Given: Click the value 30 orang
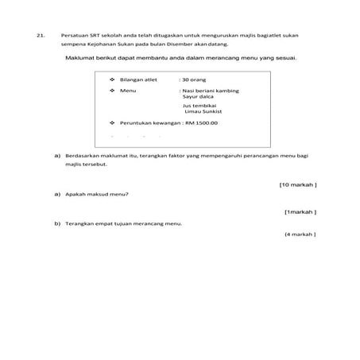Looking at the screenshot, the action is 195,80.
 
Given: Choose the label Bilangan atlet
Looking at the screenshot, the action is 138,80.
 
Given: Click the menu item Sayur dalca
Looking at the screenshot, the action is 199,98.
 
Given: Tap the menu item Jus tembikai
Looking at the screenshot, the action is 199,106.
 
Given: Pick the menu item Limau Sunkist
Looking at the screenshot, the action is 203,112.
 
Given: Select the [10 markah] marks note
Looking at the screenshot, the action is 298,184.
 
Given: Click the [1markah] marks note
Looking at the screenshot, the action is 300,212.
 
